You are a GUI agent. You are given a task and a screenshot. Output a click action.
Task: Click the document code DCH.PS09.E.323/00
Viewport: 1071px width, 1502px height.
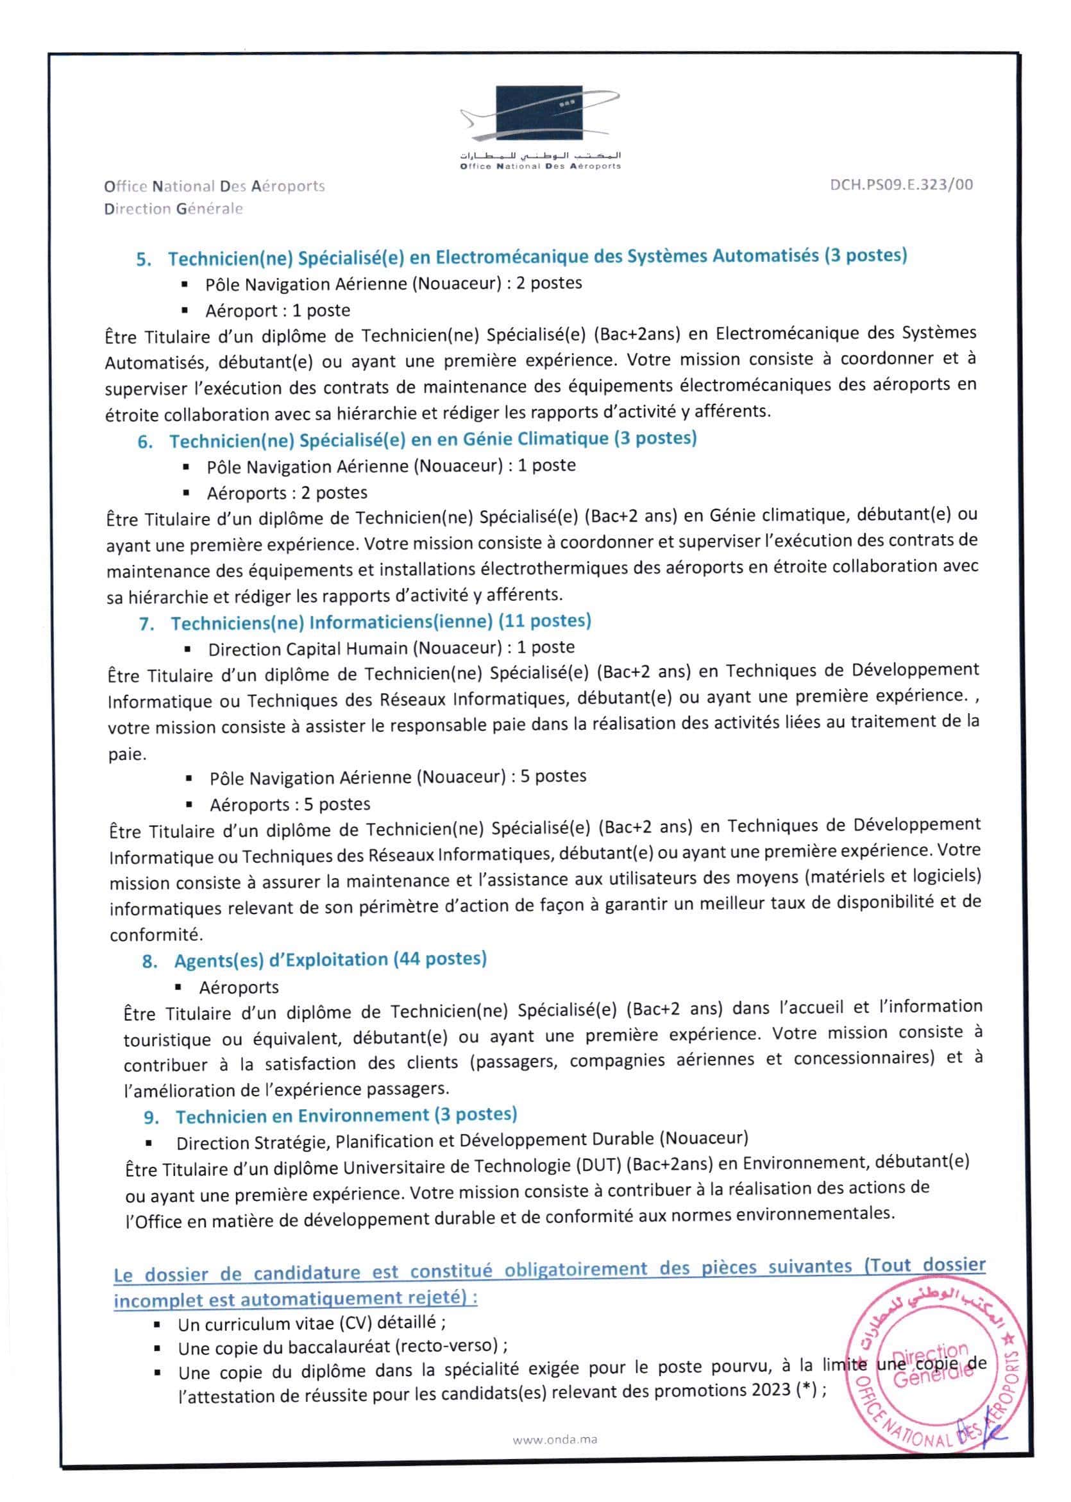[901, 185]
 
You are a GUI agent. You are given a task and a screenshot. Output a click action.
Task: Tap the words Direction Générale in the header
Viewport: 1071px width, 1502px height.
[173, 209]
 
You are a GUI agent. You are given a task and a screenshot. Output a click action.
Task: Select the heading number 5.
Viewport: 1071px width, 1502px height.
[144, 259]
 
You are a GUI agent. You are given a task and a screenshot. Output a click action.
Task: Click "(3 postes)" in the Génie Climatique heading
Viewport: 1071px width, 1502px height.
[655, 438]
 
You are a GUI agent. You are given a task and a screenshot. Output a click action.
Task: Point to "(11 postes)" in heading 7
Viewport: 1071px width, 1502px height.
[544, 621]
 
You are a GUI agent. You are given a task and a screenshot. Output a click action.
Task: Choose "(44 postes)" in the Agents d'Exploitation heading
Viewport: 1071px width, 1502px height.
[440, 959]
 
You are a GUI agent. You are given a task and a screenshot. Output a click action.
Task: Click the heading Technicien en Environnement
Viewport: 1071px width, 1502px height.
[302, 1116]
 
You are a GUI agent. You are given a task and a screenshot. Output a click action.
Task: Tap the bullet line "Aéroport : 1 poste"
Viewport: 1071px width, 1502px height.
[278, 310]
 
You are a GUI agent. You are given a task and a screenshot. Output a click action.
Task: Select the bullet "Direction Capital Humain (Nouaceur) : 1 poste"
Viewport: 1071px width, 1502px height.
[391, 648]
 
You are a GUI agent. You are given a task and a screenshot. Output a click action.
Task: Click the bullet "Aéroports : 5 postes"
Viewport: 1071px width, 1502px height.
[290, 804]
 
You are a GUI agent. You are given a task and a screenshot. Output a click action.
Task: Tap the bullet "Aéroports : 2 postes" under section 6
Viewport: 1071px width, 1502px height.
[287, 493]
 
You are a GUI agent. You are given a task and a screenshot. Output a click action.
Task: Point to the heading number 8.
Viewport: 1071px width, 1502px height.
[149, 962]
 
